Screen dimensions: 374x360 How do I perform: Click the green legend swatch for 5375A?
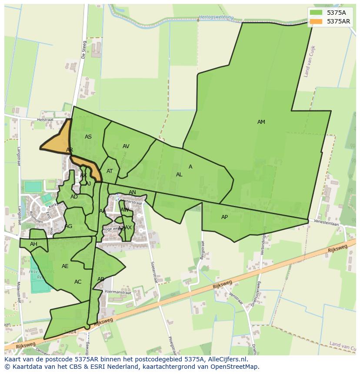[316, 13]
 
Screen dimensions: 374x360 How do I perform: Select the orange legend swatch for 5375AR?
[316, 21]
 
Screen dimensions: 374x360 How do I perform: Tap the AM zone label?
[261, 122]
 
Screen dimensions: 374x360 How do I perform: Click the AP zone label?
[224, 217]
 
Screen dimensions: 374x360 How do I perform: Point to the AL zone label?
[179, 175]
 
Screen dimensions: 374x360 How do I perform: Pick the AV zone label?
[126, 146]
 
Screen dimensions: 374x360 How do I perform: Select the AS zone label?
[88, 137]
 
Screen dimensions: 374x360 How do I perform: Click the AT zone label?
[110, 171]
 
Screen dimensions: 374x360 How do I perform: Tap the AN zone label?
[132, 192]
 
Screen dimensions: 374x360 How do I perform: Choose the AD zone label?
[74, 197]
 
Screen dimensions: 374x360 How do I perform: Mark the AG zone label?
[68, 226]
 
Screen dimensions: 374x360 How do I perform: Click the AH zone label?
[33, 244]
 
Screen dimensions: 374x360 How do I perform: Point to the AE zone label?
[65, 266]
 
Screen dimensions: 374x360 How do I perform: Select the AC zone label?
[78, 282]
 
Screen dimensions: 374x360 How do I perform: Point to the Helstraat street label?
[45, 119]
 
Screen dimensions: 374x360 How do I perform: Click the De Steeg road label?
[83, 50]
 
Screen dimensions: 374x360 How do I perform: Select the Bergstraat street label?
[202, 252]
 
